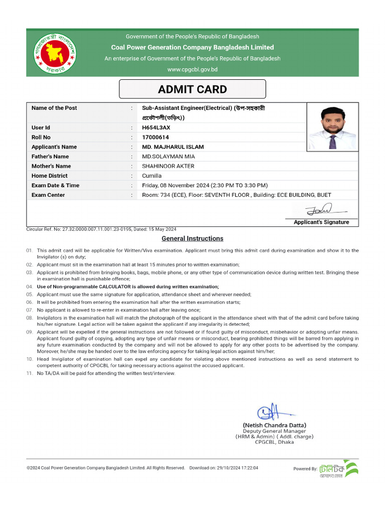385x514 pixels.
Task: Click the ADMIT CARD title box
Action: (192, 89)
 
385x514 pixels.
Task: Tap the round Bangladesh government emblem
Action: (53, 53)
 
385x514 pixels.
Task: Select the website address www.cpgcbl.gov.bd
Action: (192, 69)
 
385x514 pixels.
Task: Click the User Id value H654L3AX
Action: (156, 127)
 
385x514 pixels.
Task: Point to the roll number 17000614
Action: (155, 137)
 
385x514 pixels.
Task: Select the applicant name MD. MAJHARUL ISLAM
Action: (173, 147)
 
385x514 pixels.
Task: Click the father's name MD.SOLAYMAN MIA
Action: (168, 157)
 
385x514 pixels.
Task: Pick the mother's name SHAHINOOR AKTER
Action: (168, 166)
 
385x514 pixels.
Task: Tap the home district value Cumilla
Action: (152, 176)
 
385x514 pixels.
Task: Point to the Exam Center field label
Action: (48, 195)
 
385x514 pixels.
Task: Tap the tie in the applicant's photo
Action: (333, 141)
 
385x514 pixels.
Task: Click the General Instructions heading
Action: (192, 238)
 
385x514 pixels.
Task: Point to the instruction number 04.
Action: (30, 286)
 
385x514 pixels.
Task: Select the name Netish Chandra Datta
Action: (274, 425)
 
